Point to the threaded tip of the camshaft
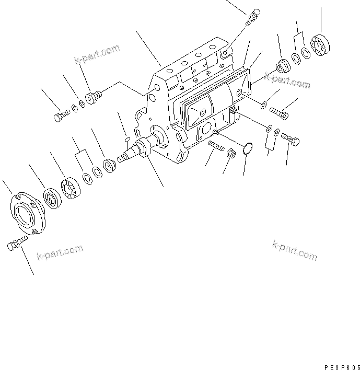click(x=123, y=156)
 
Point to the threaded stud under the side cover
click(x=215, y=143)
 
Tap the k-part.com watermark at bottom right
click(x=295, y=250)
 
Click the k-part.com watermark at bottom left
click(x=60, y=253)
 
